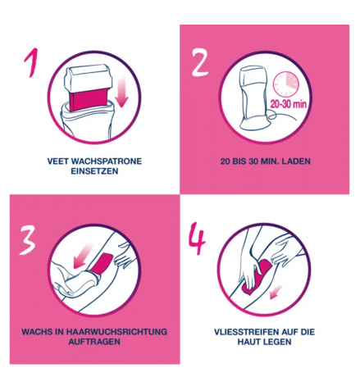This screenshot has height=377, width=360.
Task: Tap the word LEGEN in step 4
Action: click(281, 343)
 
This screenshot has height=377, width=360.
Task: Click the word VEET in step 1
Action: click(58, 161)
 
